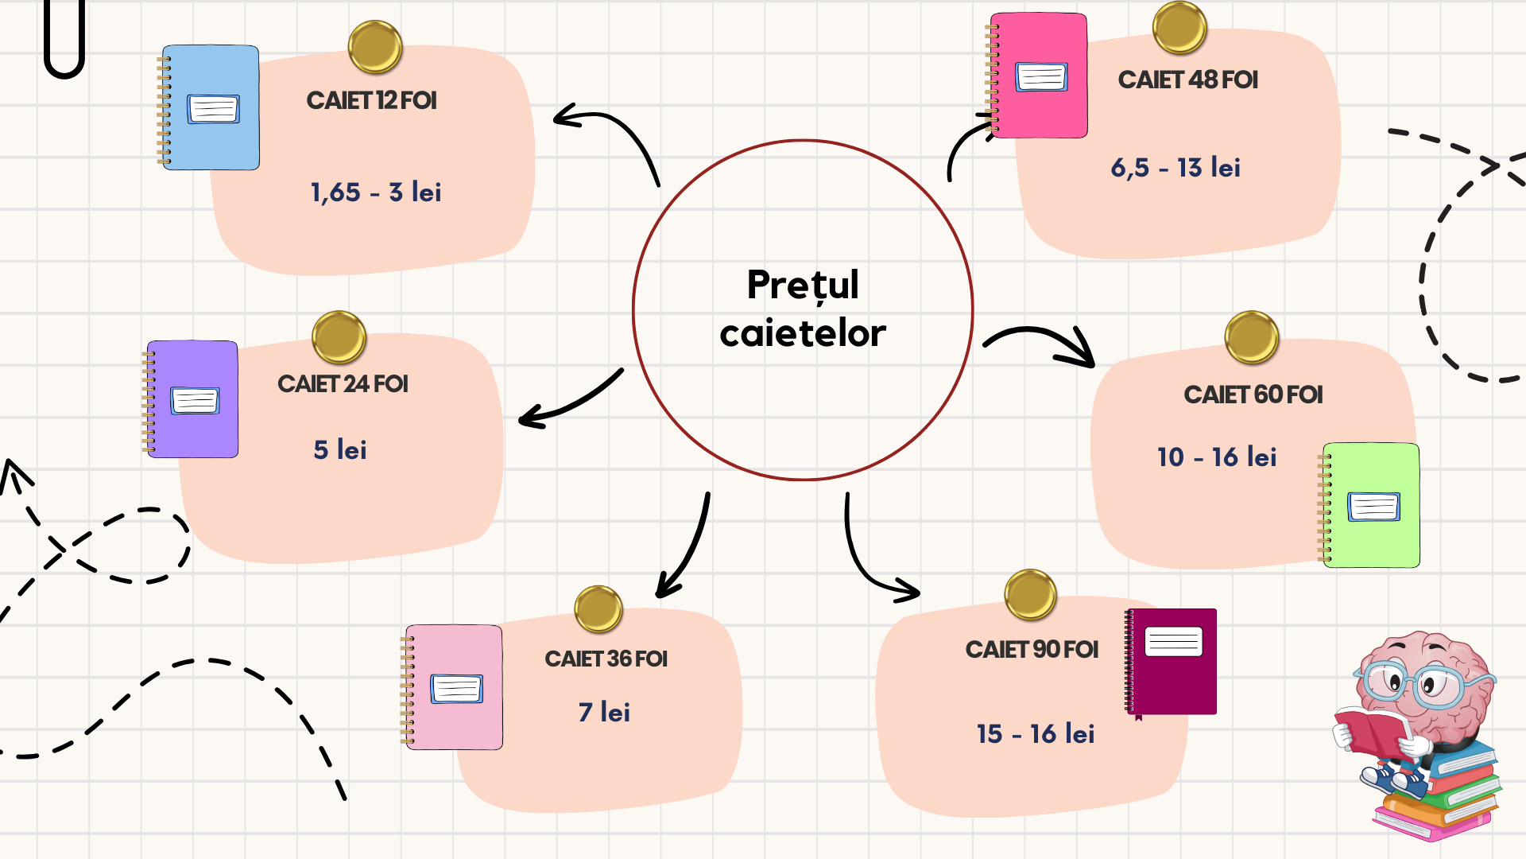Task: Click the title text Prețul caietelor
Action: [803, 309]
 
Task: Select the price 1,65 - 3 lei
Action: [376, 192]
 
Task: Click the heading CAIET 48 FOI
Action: [1187, 80]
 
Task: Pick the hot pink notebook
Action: [1039, 76]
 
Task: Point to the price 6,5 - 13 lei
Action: [1175, 168]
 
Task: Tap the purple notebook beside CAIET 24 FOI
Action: [193, 399]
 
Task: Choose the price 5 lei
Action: [340, 450]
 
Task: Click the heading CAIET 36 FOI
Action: [606, 659]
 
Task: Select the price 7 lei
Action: [604, 712]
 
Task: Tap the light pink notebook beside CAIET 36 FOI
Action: [454, 687]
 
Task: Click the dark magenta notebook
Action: [1172, 662]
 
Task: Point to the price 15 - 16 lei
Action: [1036, 733]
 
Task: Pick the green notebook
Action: [1372, 505]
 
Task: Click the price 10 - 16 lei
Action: [1217, 457]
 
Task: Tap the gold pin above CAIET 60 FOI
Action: [1252, 337]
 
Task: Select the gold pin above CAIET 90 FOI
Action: [1030, 594]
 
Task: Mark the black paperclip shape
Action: [64, 40]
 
